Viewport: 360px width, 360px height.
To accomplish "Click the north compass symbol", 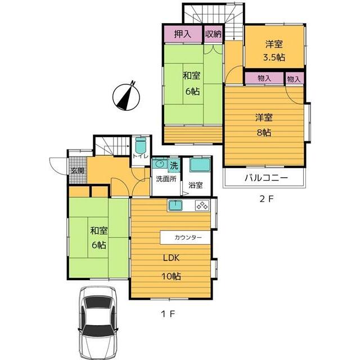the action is (x=126, y=96).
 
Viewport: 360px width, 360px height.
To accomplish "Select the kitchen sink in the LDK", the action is (x=175, y=205).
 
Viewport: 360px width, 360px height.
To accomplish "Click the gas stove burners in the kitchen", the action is (x=202, y=205).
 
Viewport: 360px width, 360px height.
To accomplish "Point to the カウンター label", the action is (x=188, y=237).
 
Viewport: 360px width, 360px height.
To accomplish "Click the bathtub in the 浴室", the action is (x=200, y=165).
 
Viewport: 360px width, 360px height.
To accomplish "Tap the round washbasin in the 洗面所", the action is (x=160, y=164).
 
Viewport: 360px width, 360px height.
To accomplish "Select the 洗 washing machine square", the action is (x=174, y=165).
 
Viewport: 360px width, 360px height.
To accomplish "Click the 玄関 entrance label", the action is (x=77, y=170).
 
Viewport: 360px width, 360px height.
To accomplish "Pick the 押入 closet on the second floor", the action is (x=183, y=34).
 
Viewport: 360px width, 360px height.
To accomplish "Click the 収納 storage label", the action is (x=213, y=34).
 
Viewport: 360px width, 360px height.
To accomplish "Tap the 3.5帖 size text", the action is (x=274, y=57).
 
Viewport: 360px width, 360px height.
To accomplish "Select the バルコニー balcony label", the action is (x=266, y=178).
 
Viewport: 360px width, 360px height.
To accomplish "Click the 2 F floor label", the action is (x=266, y=199).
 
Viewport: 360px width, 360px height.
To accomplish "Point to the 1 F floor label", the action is (x=168, y=314).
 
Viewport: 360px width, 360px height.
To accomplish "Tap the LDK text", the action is (x=171, y=258).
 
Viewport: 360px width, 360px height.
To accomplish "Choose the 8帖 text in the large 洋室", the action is (x=264, y=133).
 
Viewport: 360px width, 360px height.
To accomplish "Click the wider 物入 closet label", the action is (x=264, y=78).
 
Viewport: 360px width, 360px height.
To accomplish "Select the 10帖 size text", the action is (x=171, y=276).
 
